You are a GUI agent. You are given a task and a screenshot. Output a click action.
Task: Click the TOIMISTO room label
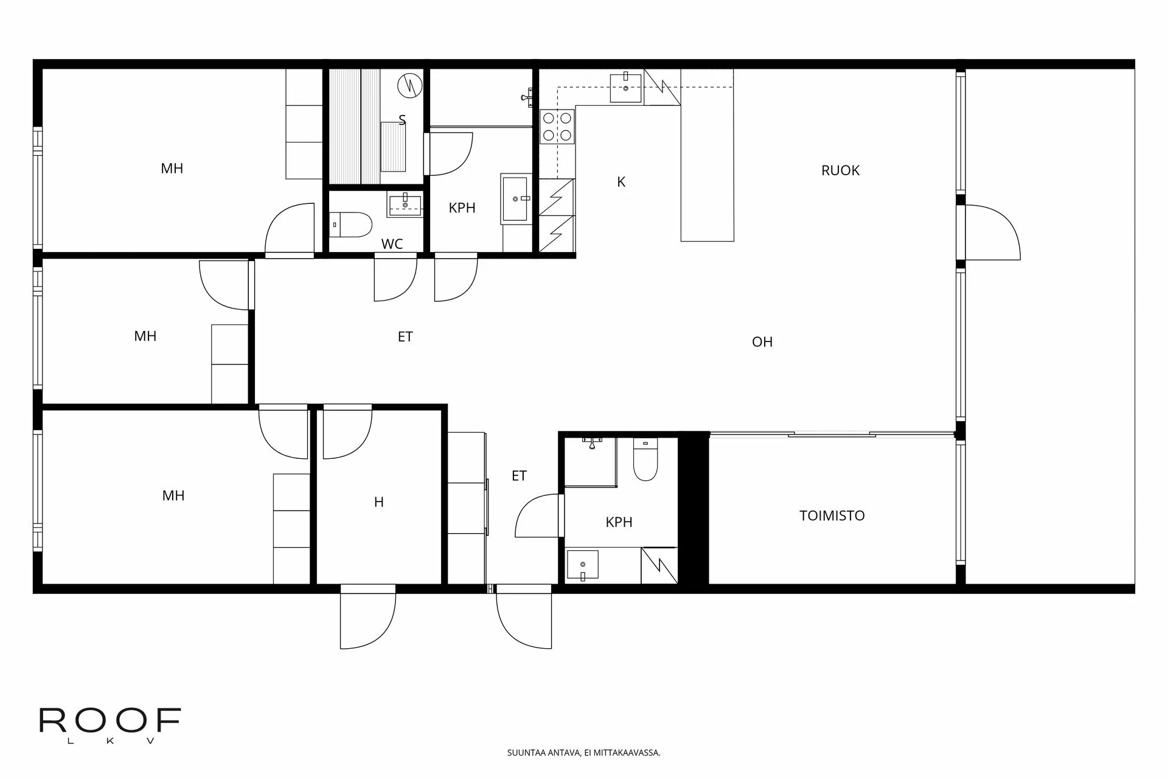(832, 515)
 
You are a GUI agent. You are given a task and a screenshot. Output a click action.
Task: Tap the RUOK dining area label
(840, 170)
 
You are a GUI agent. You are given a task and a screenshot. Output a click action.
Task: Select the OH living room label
(762, 342)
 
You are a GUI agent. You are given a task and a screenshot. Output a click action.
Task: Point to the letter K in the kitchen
(621, 182)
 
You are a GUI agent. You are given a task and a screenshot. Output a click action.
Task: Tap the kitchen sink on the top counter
(626, 88)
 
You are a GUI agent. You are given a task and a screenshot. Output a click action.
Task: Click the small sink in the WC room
(405, 204)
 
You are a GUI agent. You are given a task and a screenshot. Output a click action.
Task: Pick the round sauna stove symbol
(409, 85)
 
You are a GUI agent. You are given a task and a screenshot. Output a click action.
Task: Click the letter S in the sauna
(402, 121)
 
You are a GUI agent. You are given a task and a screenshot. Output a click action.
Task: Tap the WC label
(392, 244)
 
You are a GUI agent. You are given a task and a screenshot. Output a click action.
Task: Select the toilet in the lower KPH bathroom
(645, 459)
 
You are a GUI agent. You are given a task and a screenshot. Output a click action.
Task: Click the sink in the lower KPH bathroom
(582, 565)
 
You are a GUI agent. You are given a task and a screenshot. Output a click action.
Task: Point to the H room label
(378, 502)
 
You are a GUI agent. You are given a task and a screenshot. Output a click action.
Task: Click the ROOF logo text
(110, 721)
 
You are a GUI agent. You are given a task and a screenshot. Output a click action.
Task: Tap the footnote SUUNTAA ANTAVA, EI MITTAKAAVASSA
(583, 753)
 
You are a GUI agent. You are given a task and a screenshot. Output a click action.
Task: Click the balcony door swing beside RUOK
(991, 232)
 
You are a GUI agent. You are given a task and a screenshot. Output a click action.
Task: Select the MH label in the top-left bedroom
(172, 169)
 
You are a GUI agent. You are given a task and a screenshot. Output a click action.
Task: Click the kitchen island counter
(707, 155)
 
